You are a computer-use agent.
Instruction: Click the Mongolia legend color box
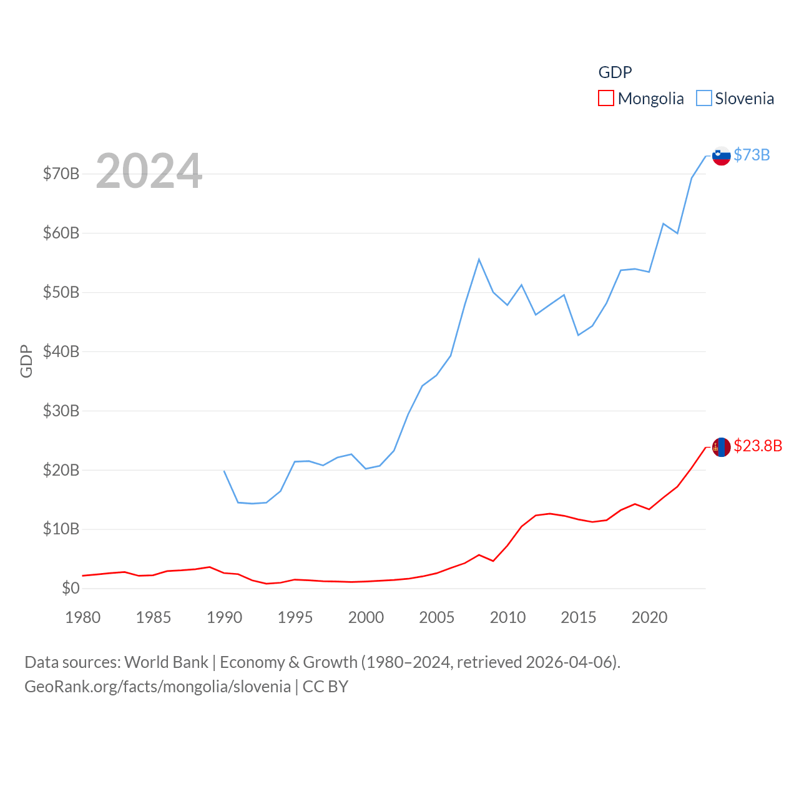pyautogui.click(x=605, y=99)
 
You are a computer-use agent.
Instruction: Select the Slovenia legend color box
pyautogui.click(x=703, y=99)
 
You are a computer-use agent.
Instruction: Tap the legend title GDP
pyautogui.click(x=615, y=72)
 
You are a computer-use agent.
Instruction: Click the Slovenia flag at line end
pyautogui.click(x=721, y=155)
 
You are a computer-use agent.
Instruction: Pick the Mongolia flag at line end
pyautogui.click(x=721, y=447)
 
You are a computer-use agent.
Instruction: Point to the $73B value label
pyautogui.click(x=752, y=155)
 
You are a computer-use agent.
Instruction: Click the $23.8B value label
pyautogui.click(x=758, y=446)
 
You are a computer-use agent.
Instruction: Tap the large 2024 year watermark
pyautogui.click(x=149, y=171)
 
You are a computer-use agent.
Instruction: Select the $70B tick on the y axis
pyautogui.click(x=61, y=174)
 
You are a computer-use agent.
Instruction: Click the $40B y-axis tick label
pyautogui.click(x=61, y=351)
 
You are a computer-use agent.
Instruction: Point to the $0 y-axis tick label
pyautogui.click(x=71, y=588)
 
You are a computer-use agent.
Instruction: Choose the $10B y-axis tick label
pyautogui.click(x=61, y=529)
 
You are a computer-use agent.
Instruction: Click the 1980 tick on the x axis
pyautogui.click(x=83, y=617)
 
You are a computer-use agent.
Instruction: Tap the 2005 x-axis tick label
pyautogui.click(x=436, y=617)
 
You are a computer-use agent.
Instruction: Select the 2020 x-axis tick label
pyautogui.click(x=649, y=617)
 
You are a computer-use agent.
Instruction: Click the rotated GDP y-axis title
pyautogui.click(x=26, y=361)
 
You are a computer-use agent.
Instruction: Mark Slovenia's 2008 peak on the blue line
pyautogui.click(x=479, y=259)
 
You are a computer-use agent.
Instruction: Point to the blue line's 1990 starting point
pyautogui.click(x=224, y=471)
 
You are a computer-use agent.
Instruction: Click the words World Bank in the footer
pyautogui.click(x=166, y=662)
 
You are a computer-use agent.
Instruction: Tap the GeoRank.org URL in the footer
pyautogui.click(x=157, y=687)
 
